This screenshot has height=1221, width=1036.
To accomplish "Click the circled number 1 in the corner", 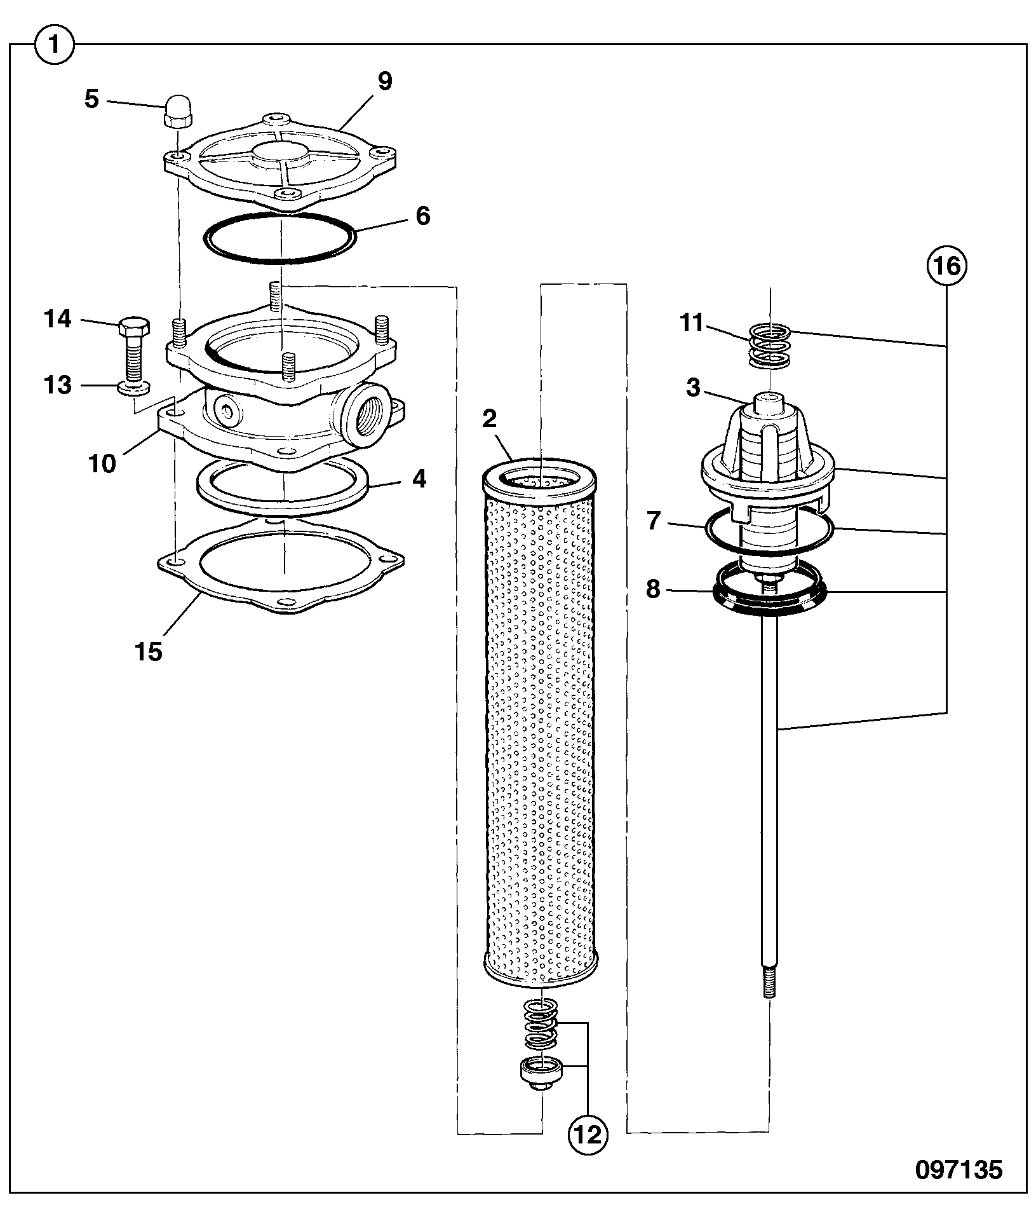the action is coord(55,45).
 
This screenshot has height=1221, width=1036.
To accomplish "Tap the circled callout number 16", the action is coord(945,266).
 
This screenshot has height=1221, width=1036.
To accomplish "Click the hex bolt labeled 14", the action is coord(134,349).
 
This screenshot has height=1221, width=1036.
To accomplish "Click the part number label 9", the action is coord(384,81).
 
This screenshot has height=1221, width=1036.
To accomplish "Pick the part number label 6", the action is coord(423,216).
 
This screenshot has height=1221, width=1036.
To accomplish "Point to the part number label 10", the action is coord(102,463).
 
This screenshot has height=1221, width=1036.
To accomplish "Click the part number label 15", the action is coord(149,651).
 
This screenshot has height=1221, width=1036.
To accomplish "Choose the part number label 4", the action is coord(419,479).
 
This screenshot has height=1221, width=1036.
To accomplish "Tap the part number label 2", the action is coord(489,419).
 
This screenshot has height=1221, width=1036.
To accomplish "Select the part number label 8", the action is coord(653,589).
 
